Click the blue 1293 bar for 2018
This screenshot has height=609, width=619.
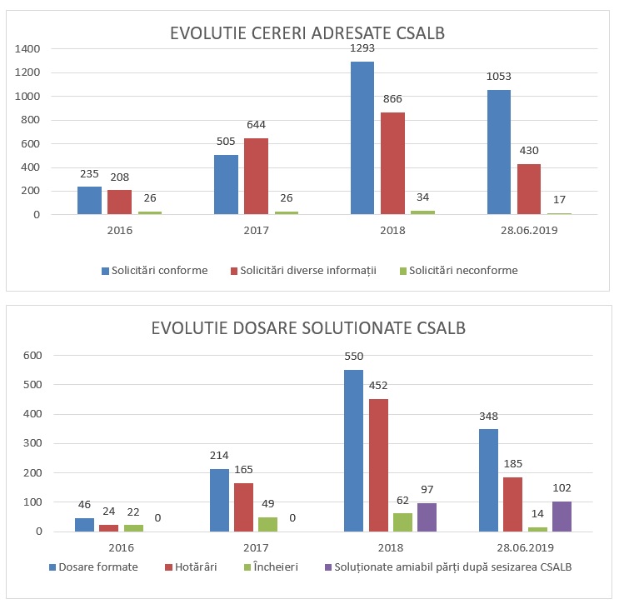coord(362,138)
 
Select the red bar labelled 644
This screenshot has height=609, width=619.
coord(256,177)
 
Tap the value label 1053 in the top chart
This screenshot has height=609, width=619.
coord(499,77)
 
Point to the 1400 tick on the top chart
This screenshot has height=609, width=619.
coord(27,49)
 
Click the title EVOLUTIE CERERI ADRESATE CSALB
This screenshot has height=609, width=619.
coord(307,34)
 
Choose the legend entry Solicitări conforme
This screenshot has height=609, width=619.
coord(154,270)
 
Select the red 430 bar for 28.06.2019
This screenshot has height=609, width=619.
coord(529,189)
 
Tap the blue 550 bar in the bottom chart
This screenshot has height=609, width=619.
coord(353,451)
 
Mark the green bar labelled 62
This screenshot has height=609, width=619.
coord(402,522)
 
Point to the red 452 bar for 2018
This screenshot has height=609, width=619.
coord(378,465)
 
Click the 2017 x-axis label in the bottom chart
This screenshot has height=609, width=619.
coord(256,547)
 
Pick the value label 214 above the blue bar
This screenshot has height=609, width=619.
coord(219,456)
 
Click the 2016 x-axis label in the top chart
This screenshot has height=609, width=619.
coord(120,229)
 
